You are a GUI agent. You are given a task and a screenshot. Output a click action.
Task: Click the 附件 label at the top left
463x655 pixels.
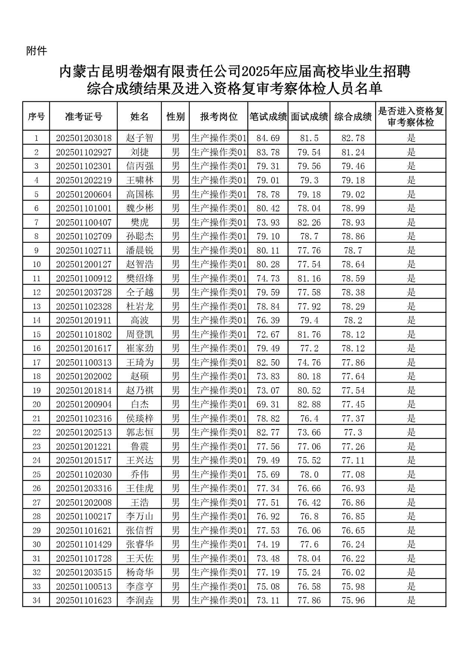[x=37, y=51]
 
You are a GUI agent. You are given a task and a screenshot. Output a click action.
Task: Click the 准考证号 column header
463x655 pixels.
[x=83, y=117]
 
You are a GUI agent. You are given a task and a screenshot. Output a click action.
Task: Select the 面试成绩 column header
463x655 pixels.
[x=309, y=117]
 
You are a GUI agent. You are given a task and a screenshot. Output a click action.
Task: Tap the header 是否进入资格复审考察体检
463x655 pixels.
[x=411, y=117]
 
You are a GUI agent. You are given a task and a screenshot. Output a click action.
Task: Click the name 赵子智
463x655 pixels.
[x=140, y=138]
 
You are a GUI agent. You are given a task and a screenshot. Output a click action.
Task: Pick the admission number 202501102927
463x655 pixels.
[x=84, y=152]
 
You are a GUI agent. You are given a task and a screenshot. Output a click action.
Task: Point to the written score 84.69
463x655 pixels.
[x=268, y=138]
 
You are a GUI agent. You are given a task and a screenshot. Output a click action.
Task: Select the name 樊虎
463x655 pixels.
[x=140, y=223]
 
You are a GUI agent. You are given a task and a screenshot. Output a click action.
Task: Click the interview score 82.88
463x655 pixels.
[x=309, y=404]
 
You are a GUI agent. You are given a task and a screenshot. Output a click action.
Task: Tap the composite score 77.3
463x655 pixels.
[x=353, y=432]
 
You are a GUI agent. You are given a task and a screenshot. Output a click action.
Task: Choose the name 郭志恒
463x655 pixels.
[x=140, y=432]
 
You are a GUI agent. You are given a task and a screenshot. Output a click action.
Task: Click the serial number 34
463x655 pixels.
[x=36, y=600]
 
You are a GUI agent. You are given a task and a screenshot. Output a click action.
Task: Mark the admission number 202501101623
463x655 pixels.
[x=84, y=600]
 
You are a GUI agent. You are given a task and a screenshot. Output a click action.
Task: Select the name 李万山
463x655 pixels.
[x=140, y=516]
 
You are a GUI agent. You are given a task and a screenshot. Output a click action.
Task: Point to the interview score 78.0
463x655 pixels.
[x=309, y=475]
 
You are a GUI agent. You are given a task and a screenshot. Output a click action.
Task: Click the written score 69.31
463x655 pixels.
[x=268, y=404]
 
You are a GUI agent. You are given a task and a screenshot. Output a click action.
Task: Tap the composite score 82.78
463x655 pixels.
[x=353, y=138]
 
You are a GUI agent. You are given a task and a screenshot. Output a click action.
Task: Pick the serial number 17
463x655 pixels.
[x=36, y=363]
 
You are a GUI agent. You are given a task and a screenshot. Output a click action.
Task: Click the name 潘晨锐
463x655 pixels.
[x=140, y=251]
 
